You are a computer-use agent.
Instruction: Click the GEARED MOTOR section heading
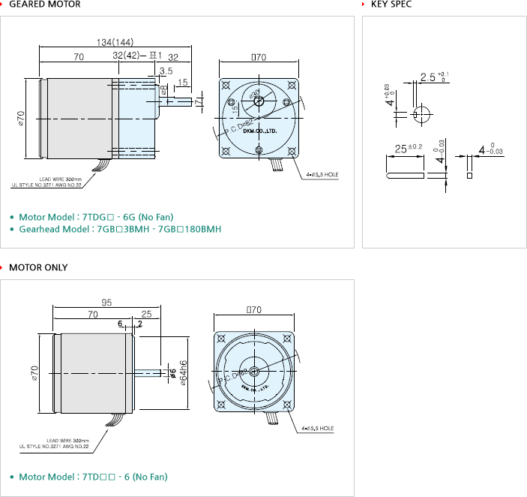click(45, 5)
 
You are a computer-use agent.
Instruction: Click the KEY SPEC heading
click(391, 5)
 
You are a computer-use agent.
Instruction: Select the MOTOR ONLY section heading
click(38, 267)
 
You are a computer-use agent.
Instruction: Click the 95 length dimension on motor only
click(106, 303)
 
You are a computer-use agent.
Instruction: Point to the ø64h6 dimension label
click(184, 372)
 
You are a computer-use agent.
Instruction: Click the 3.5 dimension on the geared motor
click(166, 71)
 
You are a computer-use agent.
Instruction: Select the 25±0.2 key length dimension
click(409, 147)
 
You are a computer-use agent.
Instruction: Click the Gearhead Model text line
click(120, 229)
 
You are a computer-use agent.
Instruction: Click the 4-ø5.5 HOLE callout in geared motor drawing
click(322, 174)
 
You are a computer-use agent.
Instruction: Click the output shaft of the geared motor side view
click(181, 100)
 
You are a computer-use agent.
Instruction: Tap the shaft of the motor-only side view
click(150, 372)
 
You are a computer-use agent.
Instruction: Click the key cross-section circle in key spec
click(421, 113)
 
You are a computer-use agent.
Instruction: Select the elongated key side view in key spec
click(406, 175)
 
